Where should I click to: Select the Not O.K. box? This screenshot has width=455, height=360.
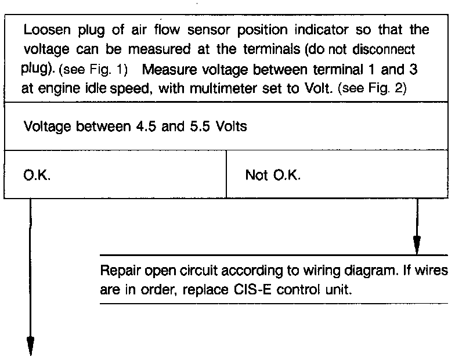click(337, 175)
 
